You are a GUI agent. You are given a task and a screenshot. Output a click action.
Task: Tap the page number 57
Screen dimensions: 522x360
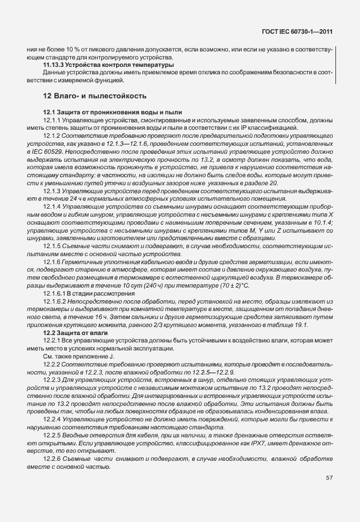pyautogui.click(x=329, y=477)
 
